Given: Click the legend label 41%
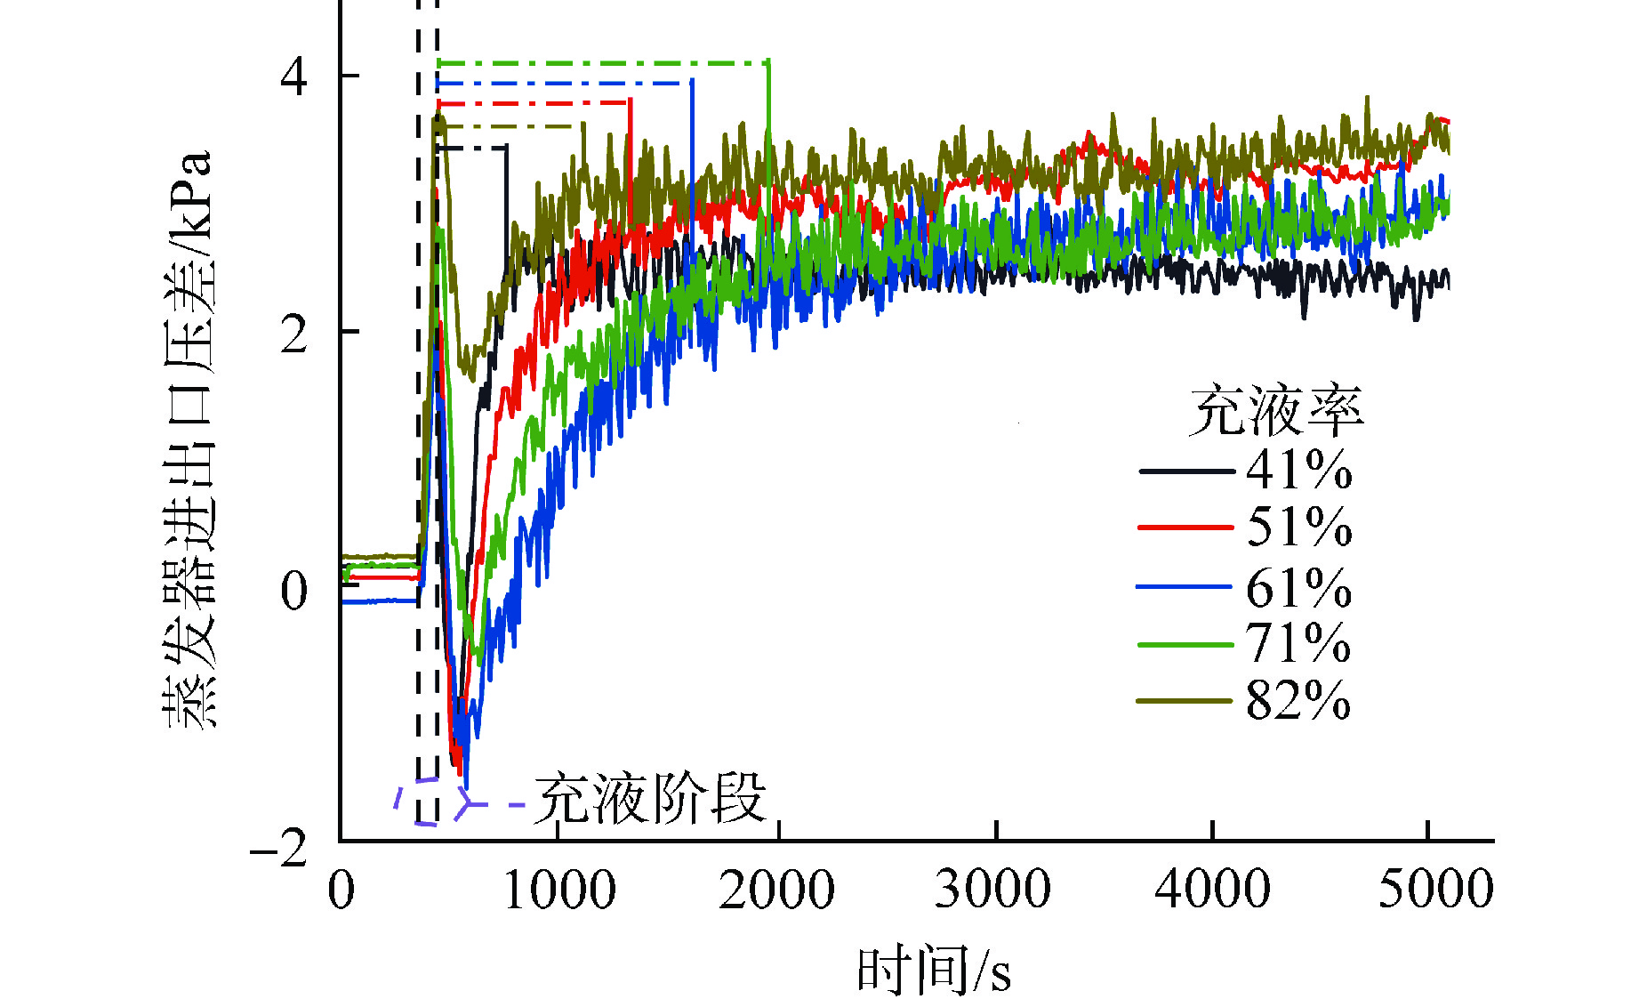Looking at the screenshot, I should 1298,471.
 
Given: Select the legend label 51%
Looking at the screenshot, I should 1298,528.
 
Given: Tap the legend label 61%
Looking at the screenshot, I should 1298,588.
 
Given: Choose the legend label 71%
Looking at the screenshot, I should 1298,644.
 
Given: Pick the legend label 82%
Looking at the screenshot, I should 1298,701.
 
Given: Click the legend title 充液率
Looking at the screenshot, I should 1276,412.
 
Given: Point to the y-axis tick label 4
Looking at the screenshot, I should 293,77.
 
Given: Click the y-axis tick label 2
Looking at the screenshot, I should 293,334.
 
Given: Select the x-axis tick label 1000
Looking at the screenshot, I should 559,890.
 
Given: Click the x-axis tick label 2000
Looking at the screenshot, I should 776,890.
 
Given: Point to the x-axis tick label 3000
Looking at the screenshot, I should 992,890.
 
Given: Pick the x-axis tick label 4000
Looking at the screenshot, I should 1212,890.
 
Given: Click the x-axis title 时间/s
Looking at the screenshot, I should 934,971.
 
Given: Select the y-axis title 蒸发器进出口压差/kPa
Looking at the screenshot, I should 189,440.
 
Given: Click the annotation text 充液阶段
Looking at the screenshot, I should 650,799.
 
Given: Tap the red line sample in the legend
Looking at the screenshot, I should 1185,528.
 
